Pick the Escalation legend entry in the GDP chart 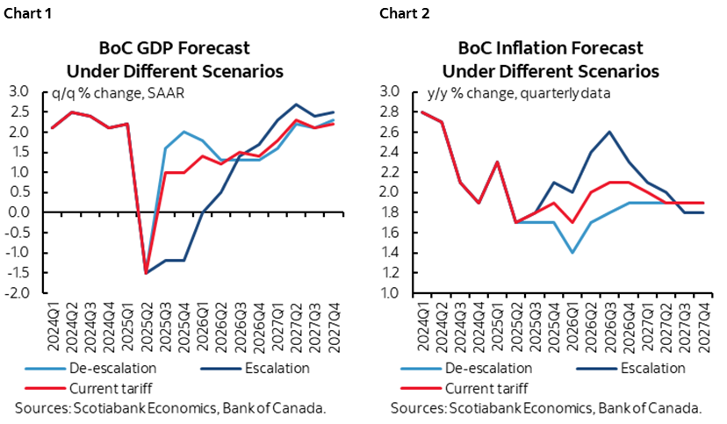266,369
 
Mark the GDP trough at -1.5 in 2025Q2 147,273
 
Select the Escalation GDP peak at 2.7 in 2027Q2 294,104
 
